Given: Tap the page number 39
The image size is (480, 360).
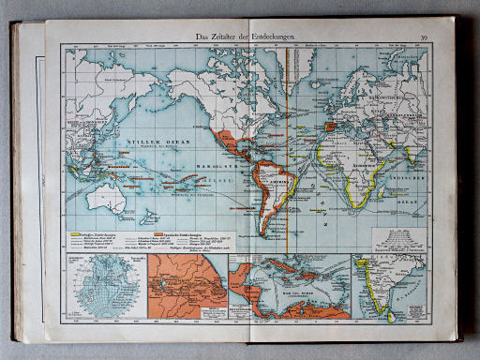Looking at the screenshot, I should coord(424,37).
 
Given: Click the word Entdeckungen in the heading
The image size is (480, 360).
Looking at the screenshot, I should coord(272,37).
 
